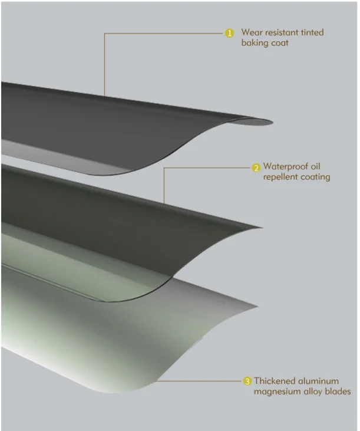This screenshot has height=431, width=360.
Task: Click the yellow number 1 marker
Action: tap(230, 33)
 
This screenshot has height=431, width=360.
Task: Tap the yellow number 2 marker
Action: tap(256, 167)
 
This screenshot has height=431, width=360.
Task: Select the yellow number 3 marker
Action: tap(247, 381)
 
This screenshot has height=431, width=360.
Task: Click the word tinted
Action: tap(312, 33)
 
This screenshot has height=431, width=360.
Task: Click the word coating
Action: tap(314, 177)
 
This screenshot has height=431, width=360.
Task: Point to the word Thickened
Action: tap(275, 381)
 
